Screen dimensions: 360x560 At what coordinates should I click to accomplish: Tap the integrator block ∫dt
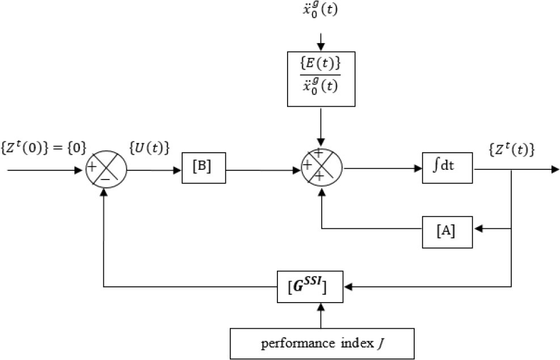[447, 168]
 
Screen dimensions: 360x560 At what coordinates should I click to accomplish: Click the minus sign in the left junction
[105, 178]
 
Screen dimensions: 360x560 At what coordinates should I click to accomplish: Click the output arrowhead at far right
[555, 168]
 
